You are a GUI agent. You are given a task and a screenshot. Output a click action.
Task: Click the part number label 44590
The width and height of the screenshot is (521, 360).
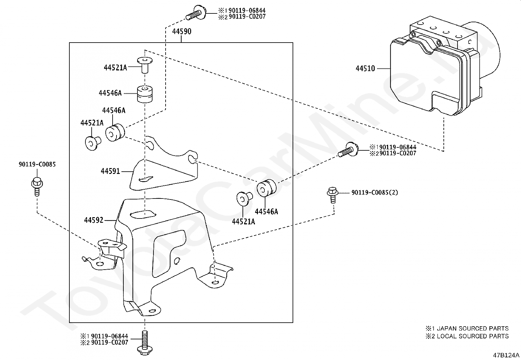182,31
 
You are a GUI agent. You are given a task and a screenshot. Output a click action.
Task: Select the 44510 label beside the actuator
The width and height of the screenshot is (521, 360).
365,68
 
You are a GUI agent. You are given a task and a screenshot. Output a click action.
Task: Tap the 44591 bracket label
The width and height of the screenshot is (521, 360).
110,171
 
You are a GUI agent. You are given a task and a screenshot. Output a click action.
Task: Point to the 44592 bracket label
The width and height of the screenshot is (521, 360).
94,220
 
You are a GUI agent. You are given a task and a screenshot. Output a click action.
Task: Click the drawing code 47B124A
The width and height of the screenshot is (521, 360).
506,355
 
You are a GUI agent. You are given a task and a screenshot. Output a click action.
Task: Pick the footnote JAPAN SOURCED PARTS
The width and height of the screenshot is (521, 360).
473,329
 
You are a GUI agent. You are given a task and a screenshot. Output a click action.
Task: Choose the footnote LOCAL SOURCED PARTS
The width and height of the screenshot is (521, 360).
473,336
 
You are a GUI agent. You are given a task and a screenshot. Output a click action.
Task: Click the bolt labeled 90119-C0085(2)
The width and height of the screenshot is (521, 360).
332,195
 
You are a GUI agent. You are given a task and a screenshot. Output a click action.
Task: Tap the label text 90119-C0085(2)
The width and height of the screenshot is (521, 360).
374,193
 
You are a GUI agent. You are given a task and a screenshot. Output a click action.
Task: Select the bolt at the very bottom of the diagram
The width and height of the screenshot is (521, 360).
145,344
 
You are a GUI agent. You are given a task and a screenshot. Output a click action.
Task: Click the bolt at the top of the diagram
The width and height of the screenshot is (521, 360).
196,13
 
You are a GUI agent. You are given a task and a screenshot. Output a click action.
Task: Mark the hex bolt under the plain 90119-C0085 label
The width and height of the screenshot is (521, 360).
37,187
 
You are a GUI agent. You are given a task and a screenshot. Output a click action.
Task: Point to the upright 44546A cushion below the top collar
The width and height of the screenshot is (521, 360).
145,94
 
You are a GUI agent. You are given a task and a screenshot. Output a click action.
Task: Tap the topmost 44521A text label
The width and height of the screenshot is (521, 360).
116,68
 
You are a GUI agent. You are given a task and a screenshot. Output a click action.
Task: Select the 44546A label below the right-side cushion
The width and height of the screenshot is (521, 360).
266,211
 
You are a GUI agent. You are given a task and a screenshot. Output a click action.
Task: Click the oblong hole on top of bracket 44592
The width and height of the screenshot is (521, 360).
143,215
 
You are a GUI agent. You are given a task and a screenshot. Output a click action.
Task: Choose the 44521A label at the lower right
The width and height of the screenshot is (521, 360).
243,222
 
